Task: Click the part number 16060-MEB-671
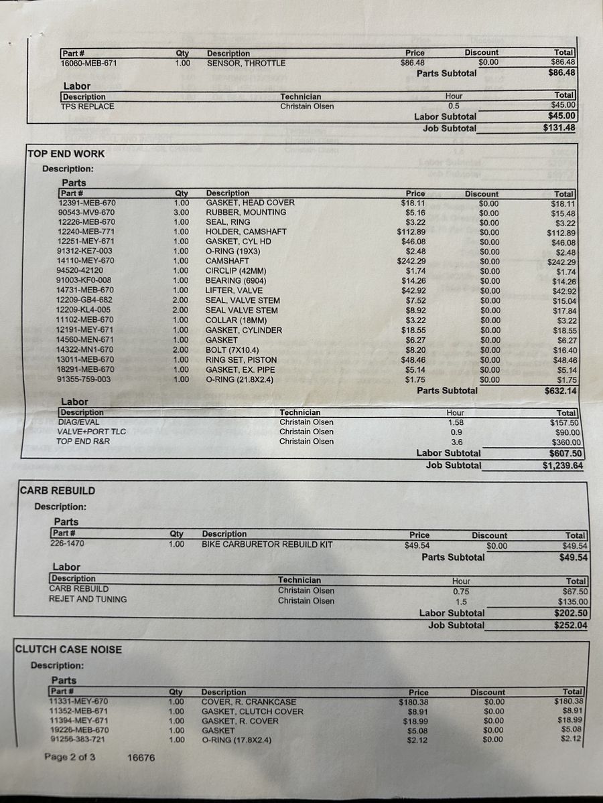click(87, 63)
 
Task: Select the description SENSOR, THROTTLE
click(246, 63)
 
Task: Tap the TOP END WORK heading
click(66, 154)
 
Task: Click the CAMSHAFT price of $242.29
click(409, 262)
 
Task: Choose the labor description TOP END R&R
click(83, 442)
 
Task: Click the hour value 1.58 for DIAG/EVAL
click(456, 422)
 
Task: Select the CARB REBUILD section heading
click(57, 490)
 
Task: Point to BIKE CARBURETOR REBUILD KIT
click(267, 545)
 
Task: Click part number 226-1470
click(70, 544)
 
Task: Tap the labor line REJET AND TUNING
click(88, 600)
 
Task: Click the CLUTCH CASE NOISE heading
click(68, 649)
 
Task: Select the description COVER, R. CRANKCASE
click(248, 702)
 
